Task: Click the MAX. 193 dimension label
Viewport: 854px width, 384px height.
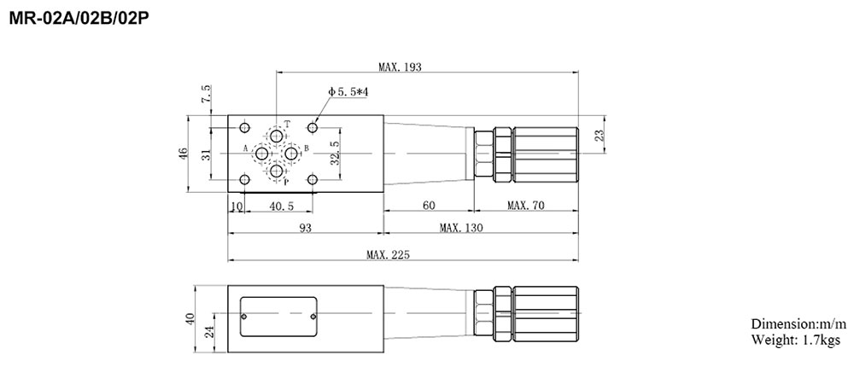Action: [401, 67]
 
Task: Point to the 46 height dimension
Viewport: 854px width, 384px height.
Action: [183, 154]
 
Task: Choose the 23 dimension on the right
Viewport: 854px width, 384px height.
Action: [600, 133]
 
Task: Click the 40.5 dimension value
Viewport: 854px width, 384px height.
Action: [281, 206]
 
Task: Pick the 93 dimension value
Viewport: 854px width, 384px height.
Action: [306, 228]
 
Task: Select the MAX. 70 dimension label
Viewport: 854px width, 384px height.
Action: [526, 206]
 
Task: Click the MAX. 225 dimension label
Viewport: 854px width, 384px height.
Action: [389, 255]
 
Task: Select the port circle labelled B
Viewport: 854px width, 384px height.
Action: [292, 153]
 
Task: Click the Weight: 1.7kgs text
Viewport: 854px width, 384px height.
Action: [795, 340]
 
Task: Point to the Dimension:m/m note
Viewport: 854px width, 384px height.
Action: [798, 325]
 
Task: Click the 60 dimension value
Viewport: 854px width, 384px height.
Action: [429, 206]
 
